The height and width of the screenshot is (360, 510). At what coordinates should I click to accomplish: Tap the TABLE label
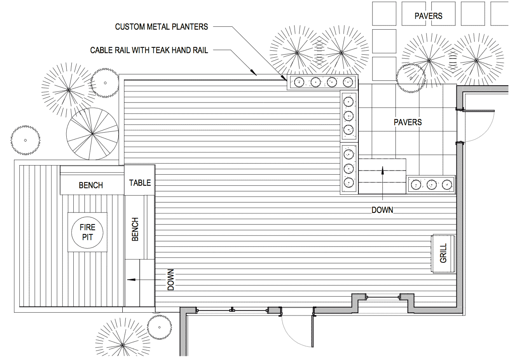(x=140, y=183)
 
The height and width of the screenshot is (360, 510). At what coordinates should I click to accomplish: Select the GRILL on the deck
(x=443, y=253)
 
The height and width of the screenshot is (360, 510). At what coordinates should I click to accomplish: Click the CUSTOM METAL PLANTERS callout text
(x=161, y=27)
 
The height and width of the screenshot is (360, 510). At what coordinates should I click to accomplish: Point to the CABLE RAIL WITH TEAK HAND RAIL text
(x=149, y=50)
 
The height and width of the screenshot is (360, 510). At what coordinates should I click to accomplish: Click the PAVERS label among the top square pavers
(x=428, y=16)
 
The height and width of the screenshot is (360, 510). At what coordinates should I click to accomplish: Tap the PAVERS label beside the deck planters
(x=407, y=122)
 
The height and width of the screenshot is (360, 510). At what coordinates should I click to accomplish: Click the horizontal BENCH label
(x=91, y=185)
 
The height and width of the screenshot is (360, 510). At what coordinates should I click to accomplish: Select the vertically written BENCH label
(x=135, y=229)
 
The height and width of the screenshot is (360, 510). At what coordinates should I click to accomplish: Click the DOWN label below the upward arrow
(x=382, y=210)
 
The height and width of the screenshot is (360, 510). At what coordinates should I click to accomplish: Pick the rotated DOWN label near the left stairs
(x=171, y=280)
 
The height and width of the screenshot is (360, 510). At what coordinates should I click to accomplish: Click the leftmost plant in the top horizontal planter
(x=299, y=82)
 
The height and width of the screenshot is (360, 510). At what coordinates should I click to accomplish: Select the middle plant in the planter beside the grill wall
(x=431, y=185)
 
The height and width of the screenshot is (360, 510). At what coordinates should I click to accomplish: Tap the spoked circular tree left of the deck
(x=92, y=134)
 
